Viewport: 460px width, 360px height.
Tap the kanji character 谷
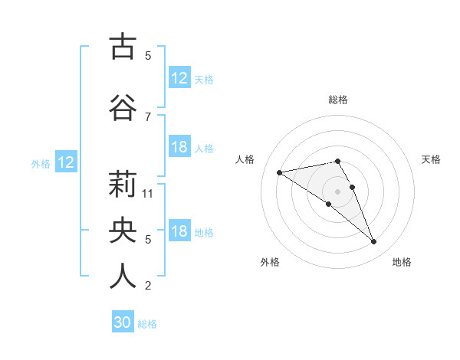coord(123,107)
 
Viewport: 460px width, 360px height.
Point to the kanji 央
coord(123,230)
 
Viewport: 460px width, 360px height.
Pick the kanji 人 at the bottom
coord(123,276)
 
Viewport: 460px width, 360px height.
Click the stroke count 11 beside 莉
coord(149,194)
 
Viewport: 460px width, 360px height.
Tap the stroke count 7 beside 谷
coord(148,116)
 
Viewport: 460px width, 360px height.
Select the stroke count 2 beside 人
coord(148,286)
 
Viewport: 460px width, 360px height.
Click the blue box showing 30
coord(123,322)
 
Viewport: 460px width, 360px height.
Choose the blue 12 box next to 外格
coord(65,162)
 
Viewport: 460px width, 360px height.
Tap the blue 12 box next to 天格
coord(179,78)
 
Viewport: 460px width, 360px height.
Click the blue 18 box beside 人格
coord(179,147)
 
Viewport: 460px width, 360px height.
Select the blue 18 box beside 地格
coord(179,231)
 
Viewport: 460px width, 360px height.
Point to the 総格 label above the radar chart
coord(338,100)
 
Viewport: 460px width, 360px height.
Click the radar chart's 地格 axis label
coord(402,262)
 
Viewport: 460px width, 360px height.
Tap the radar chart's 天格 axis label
coord(431,159)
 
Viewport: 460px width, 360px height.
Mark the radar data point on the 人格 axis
coord(280,172)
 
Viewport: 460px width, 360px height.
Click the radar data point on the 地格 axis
coord(373,242)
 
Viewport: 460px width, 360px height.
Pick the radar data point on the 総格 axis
coord(338,161)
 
